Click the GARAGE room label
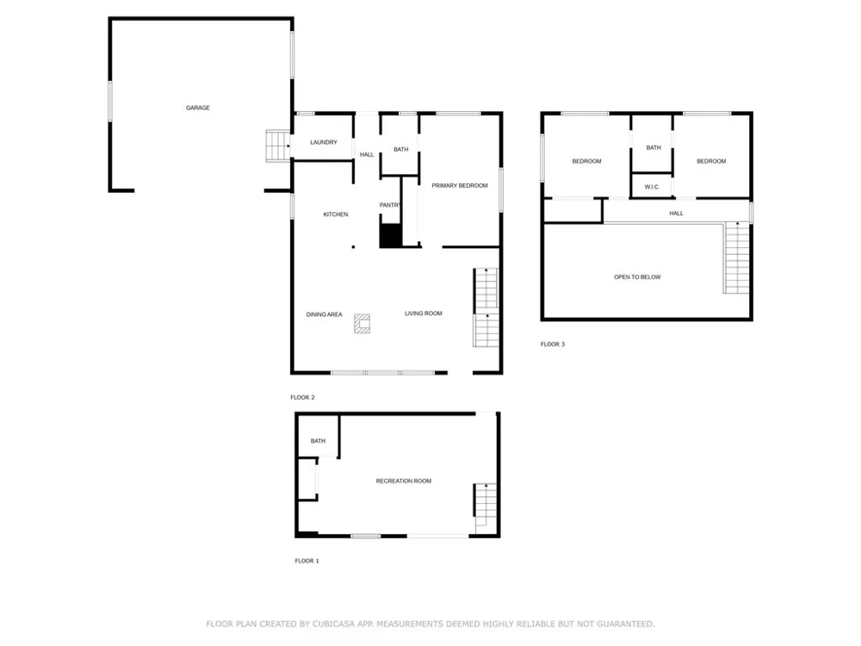pos(198,108)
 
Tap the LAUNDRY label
pos(324,142)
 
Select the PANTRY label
pos(390,205)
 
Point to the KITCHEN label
pos(336,214)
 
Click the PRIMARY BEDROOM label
pos(460,186)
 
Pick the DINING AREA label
pos(324,314)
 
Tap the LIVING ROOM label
pos(424,314)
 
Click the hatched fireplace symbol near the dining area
pos(362,324)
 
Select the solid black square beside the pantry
pos(390,236)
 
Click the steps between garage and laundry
pos(278,146)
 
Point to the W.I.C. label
pos(652,187)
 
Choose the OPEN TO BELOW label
pos(637,276)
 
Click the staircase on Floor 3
pos(736,258)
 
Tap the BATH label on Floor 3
pos(653,148)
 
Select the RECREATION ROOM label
pos(404,481)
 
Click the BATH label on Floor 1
pos(318,441)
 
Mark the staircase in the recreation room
pos(486,508)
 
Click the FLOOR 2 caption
pos(302,397)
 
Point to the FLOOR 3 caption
pos(553,345)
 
